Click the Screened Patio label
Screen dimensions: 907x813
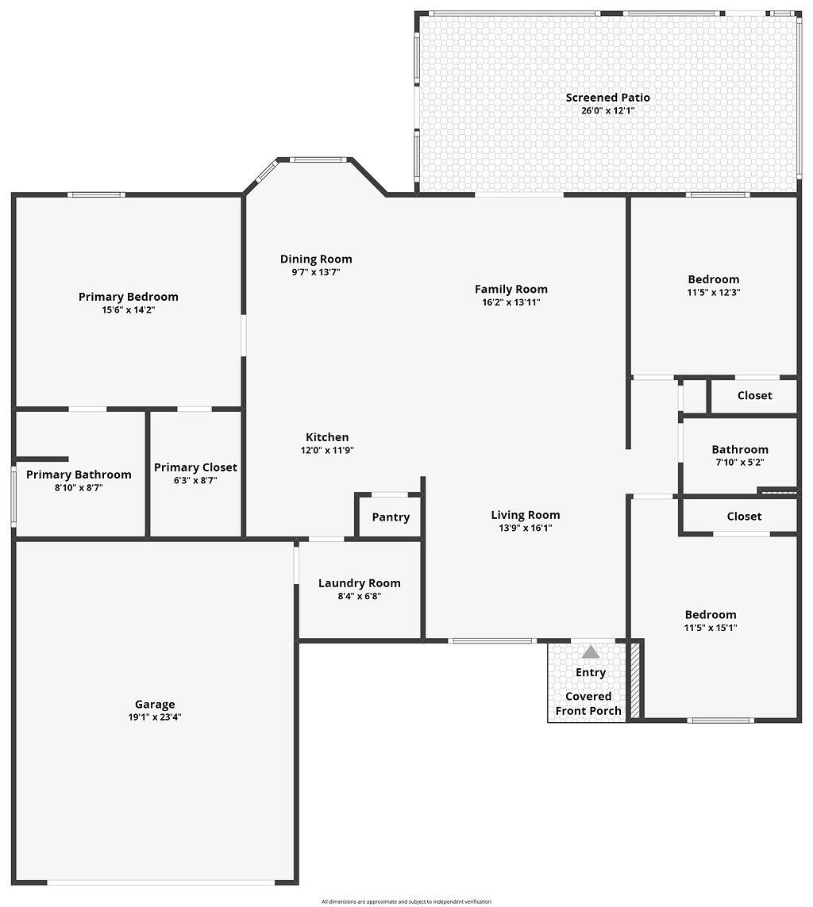click(x=607, y=98)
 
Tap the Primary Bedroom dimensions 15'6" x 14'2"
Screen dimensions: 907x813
click(x=128, y=310)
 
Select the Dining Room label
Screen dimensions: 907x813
click(x=316, y=259)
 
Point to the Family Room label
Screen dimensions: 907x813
click(x=511, y=289)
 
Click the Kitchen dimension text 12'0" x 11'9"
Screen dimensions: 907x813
click(x=327, y=450)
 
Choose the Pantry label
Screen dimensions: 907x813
click(x=391, y=517)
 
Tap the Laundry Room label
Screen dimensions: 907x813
click(x=359, y=583)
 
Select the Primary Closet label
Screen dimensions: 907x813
click(x=195, y=467)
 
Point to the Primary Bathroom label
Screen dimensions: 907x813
click(x=79, y=475)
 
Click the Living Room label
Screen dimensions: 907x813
click(x=525, y=515)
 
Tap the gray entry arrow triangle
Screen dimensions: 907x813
click(x=591, y=652)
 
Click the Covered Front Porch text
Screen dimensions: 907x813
click(x=588, y=704)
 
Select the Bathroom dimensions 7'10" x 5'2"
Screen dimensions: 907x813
click(x=739, y=462)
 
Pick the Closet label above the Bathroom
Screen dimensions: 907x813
click(x=754, y=395)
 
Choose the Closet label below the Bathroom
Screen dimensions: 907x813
click(x=744, y=516)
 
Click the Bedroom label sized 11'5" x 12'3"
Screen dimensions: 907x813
click(x=713, y=279)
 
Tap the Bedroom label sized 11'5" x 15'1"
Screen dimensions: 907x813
click(x=711, y=614)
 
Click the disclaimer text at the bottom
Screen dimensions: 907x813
click(x=406, y=901)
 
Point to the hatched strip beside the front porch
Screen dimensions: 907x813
click(x=634, y=680)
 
